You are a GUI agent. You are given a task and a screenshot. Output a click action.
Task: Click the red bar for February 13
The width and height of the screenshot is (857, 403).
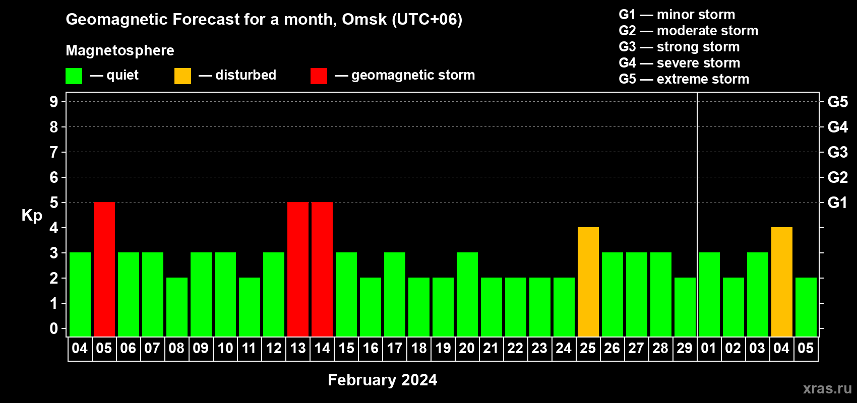[298, 269]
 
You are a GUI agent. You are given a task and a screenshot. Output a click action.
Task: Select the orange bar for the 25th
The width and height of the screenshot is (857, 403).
[588, 282]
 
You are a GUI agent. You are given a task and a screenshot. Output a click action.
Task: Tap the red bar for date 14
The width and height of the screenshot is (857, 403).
[322, 269]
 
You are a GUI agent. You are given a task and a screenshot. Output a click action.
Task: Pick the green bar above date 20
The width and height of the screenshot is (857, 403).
[467, 294]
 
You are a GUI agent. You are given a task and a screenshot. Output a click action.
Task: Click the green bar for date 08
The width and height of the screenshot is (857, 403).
[177, 307]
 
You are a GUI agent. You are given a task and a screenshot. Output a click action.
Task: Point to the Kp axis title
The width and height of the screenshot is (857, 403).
[32, 215]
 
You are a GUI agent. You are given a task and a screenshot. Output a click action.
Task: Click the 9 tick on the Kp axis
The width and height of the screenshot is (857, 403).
[53, 102]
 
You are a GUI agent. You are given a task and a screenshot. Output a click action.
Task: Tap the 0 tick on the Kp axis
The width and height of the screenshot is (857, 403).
[53, 328]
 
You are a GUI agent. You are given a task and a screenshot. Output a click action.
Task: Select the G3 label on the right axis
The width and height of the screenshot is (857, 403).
[837, 152]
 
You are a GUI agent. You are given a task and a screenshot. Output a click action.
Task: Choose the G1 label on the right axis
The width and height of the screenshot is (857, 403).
[837, 203]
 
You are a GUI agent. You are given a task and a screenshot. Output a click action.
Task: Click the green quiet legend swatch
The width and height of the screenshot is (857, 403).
[74, 76]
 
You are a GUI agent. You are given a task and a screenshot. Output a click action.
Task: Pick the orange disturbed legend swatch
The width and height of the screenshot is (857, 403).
[182, 76]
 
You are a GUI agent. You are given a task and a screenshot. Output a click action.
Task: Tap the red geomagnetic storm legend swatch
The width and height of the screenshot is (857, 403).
[319, 76]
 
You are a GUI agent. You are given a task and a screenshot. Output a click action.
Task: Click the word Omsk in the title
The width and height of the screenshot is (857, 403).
[364, 19]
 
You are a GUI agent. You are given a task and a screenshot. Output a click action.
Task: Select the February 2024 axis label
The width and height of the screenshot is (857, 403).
[383, 380]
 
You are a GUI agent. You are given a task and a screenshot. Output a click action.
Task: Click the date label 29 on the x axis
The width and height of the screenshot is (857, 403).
[685, 348]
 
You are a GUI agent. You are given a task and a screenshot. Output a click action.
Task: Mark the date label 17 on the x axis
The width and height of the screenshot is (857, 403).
[394, 348]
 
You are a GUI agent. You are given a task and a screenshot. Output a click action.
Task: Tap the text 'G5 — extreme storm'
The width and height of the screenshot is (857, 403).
[684, 79]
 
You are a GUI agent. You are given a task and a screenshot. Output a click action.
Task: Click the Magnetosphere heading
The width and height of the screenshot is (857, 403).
[120, 50]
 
